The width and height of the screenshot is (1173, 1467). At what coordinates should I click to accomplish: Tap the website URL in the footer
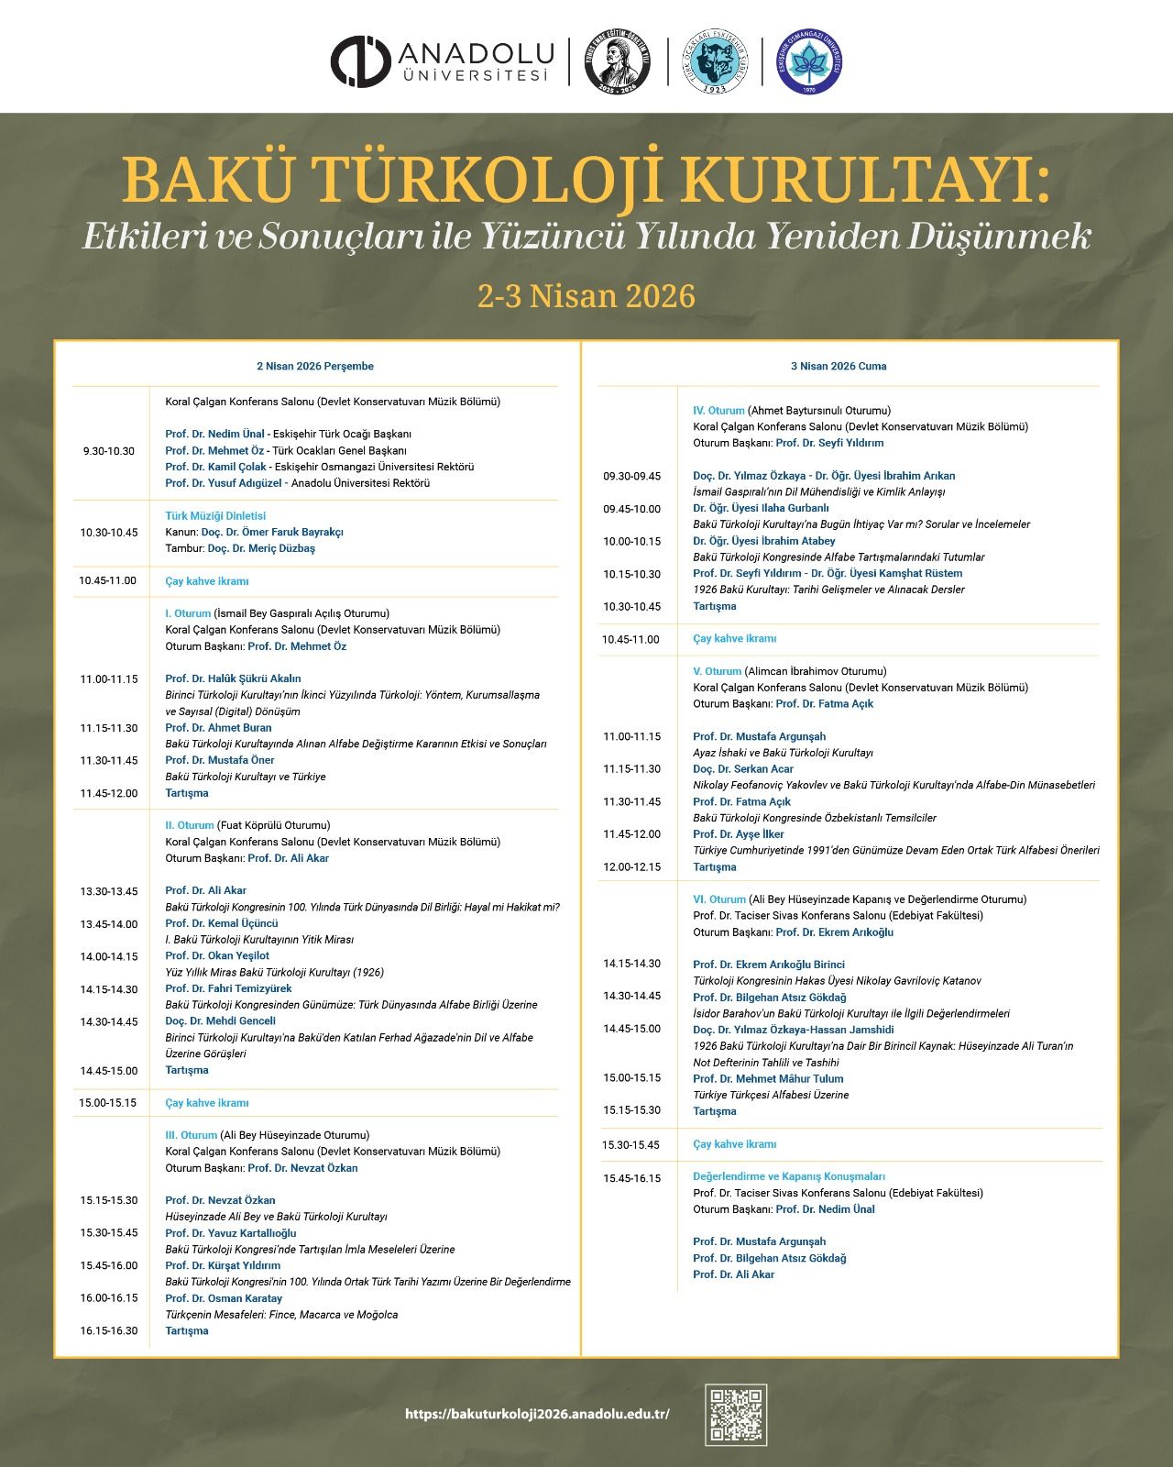[x=537, y=1414]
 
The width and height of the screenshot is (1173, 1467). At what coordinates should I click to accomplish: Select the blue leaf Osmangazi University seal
[x=808, y=62]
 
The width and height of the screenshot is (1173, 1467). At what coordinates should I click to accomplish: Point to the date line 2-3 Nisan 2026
[x=586, y=296]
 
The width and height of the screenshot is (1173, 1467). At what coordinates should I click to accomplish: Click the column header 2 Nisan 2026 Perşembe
[x=315, y=366]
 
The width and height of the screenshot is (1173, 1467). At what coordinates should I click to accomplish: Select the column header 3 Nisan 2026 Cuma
[x=839, y=366]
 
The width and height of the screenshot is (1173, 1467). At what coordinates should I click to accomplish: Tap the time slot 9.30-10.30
[x=108, y=451]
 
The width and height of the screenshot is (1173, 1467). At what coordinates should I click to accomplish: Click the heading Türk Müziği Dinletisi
[x=215, y=516]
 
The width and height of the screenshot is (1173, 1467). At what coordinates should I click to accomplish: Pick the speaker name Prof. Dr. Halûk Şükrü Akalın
[x=233, y=678]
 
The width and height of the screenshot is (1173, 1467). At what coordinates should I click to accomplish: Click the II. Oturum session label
[x=190, y=825]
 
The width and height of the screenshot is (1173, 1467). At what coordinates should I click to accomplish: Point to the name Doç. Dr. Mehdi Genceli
[x=220, y=1021]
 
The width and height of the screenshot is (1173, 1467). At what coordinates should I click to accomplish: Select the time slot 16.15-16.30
[x=108, y=1330]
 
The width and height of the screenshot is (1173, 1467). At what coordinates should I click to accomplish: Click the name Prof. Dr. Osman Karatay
[x=224, y=1298]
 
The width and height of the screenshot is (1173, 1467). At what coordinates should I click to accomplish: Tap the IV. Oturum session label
[x=718, y=411]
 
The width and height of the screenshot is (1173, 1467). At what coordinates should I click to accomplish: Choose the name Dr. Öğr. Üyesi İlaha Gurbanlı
[x=761, y=508]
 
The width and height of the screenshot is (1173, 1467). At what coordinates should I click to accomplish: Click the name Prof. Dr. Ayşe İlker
[x=739, y=834]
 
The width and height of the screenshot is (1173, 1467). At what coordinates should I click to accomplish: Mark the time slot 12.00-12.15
[x=631, y=866]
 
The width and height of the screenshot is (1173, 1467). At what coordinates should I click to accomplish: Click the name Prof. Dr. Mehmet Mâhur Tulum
[x=768, y=1079]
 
